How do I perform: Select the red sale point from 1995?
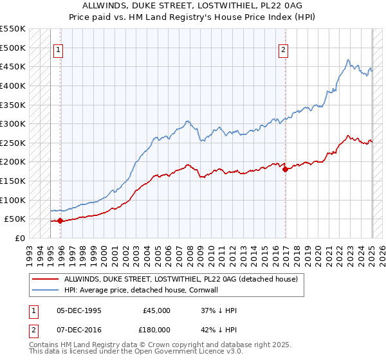(60, 221)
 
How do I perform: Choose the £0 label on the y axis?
(19, 238)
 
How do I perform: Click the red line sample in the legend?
(45, 280)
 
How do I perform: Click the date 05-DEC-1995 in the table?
(79, 310)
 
